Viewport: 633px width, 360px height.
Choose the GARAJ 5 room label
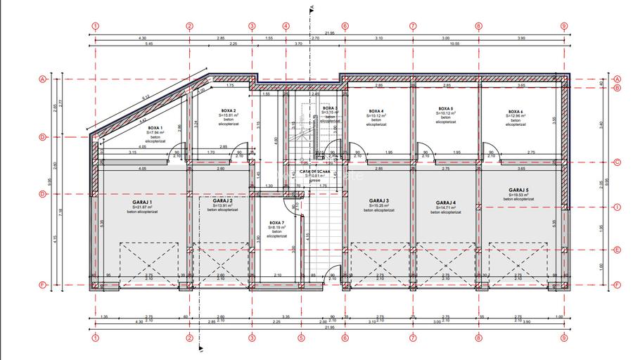pos(518,190)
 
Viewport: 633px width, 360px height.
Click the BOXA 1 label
pos(155,127)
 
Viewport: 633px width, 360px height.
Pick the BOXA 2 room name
pos(228,110)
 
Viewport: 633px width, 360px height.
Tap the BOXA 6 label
pos(516,111)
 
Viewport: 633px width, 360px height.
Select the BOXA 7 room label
pos(276,222)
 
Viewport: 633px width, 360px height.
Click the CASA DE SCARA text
pos(314,172)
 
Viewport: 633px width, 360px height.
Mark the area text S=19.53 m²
pos(518,195)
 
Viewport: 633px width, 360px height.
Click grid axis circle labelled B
pos(617,88)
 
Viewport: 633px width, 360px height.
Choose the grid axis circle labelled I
pos(617,207)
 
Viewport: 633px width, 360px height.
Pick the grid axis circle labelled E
pos(617,250)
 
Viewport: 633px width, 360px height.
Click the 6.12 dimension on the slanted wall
pos(146,97)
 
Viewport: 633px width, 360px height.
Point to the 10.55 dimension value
pos(455,44)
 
